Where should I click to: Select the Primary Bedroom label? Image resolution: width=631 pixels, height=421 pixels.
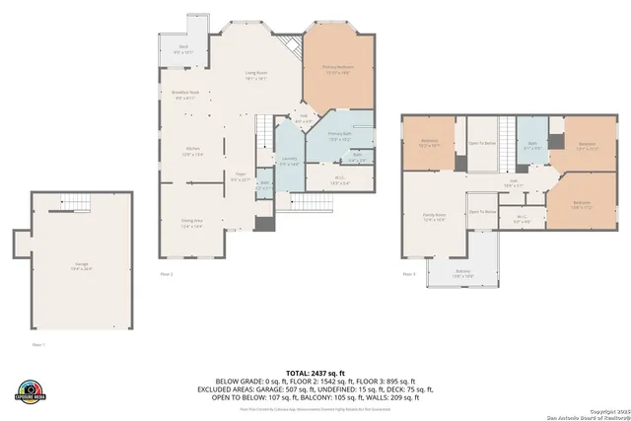338,69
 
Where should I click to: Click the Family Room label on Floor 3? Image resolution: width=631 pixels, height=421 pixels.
435,216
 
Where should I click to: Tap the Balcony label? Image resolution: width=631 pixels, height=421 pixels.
462,273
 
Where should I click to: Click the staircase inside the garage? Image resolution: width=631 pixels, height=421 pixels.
77,204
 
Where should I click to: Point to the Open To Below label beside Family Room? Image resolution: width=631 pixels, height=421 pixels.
481,211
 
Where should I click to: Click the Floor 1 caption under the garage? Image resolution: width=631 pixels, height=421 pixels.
39,345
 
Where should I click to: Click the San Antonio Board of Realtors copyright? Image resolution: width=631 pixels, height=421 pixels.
590,412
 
